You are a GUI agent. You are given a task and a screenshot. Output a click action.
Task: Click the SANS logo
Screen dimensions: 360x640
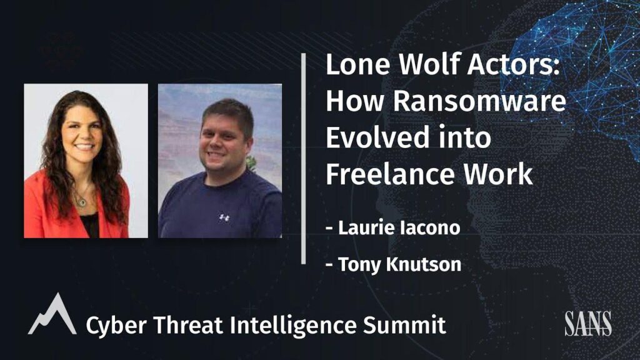[587, 323]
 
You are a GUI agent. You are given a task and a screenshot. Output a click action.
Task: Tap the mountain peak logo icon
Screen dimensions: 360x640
[52, 315]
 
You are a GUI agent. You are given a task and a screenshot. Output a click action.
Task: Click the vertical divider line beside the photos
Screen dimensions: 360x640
[304, 159]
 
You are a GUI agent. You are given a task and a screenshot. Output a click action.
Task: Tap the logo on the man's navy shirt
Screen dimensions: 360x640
[224, 217]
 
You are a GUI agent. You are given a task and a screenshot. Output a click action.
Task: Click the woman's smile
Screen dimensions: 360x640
[84, 148]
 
